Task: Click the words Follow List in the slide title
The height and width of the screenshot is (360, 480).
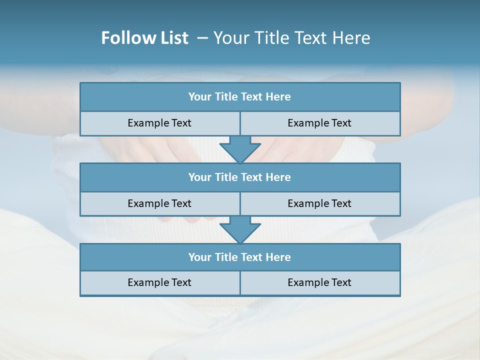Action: [144, 38]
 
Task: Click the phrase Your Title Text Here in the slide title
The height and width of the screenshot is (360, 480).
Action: [291, 38]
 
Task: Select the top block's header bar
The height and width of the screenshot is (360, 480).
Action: [240, 97]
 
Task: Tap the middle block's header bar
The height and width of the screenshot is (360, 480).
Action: [240, 177]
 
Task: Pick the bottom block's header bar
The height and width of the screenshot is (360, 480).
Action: [240, 257]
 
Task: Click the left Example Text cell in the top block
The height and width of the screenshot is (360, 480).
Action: [159, 123]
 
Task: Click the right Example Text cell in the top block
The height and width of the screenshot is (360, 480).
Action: [319, 123]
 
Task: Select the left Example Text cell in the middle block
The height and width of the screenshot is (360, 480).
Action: [159, 203]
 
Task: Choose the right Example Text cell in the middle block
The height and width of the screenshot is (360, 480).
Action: [319, 203]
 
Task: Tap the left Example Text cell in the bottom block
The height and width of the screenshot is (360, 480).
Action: [159, 282]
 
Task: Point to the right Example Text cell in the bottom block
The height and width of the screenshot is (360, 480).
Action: [319, 282]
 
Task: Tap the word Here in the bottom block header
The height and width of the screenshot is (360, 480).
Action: [278, 257]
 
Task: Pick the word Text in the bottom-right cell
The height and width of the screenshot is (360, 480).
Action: [340, 282]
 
